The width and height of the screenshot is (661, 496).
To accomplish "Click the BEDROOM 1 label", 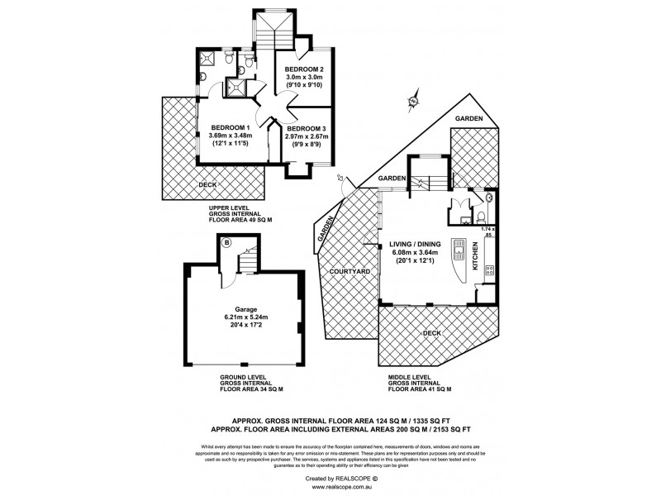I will (229, 126).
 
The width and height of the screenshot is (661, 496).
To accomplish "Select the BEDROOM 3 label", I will (307, 128).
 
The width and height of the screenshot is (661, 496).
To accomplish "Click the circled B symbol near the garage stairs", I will (227, 242).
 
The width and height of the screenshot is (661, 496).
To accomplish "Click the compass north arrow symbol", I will (411, 102).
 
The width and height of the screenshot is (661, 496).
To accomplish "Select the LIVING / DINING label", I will (421, 246).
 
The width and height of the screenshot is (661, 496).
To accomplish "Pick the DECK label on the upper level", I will (208, 184).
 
